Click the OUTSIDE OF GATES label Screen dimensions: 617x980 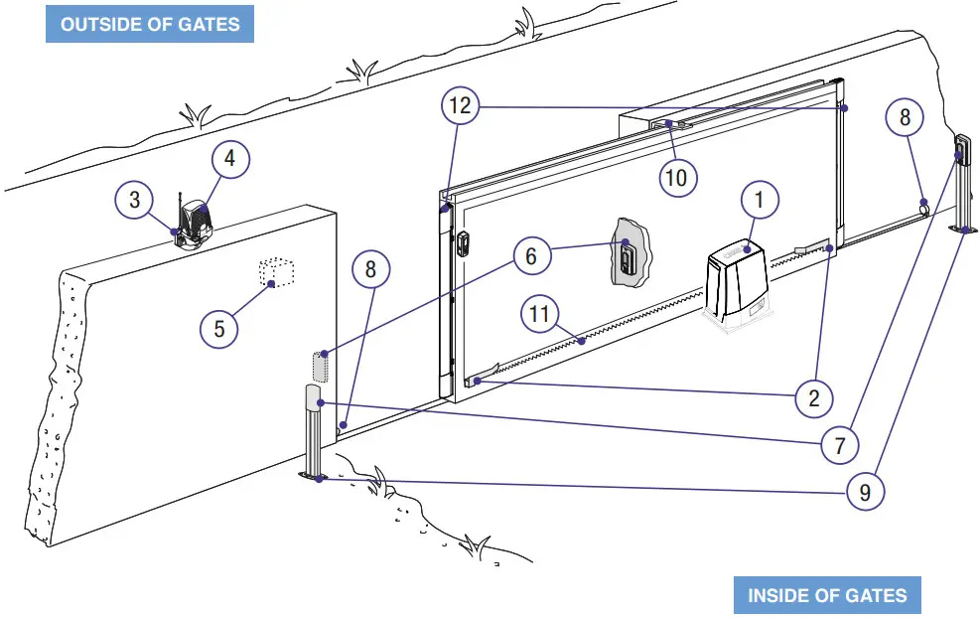pyautogui.click(x=150, y=24)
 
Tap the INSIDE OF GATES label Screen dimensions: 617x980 pyautogui.click(x=827, y=595)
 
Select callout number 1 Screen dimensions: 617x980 pyautogui.click(x=760, y=200)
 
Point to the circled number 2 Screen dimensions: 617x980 pyautogui.click(x=814, y=399)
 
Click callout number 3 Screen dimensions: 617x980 pyautogui.click(x=135, y=200)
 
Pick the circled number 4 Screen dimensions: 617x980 pyautogui.click(x=230, y=159)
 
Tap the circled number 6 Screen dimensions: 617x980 pyautogui.click(x=531, y=256)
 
